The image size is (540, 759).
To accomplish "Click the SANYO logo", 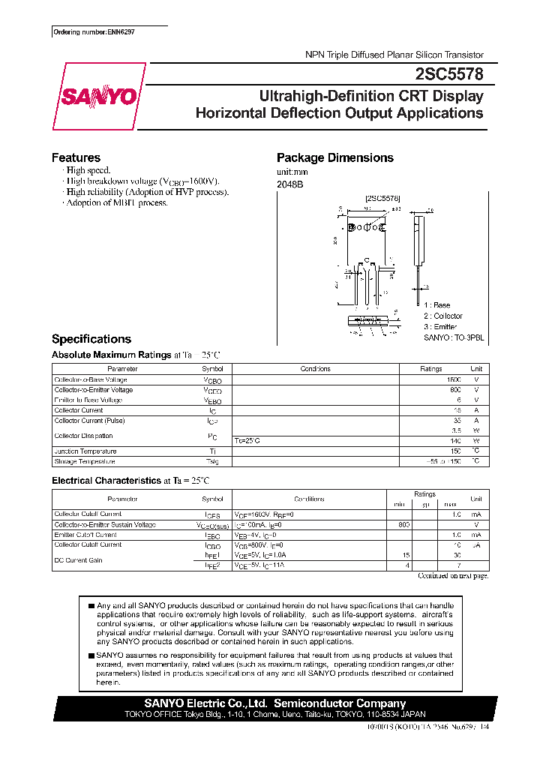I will [x=98, y=97].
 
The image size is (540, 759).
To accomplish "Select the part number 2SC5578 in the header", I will [x=448, y=74].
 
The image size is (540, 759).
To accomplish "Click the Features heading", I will [x=76, y=157].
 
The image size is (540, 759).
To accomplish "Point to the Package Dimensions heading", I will [x=334, y=157].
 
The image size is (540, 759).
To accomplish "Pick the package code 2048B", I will [x=289, y=184].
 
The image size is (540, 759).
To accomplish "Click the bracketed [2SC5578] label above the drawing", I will [x=382, y=198].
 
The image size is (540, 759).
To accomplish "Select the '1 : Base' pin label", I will [x=436, y=305].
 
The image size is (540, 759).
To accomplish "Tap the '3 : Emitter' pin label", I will [x=441, y=327].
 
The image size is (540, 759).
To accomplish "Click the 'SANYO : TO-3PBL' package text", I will [x=453, y=338].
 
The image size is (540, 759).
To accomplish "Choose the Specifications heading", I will [x=91, y=339].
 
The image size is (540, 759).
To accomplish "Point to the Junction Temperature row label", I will [x=85, y=451].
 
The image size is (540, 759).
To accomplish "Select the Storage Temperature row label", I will [x=85, y=461].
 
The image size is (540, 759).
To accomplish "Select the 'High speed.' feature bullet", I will [x=88, y=171].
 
